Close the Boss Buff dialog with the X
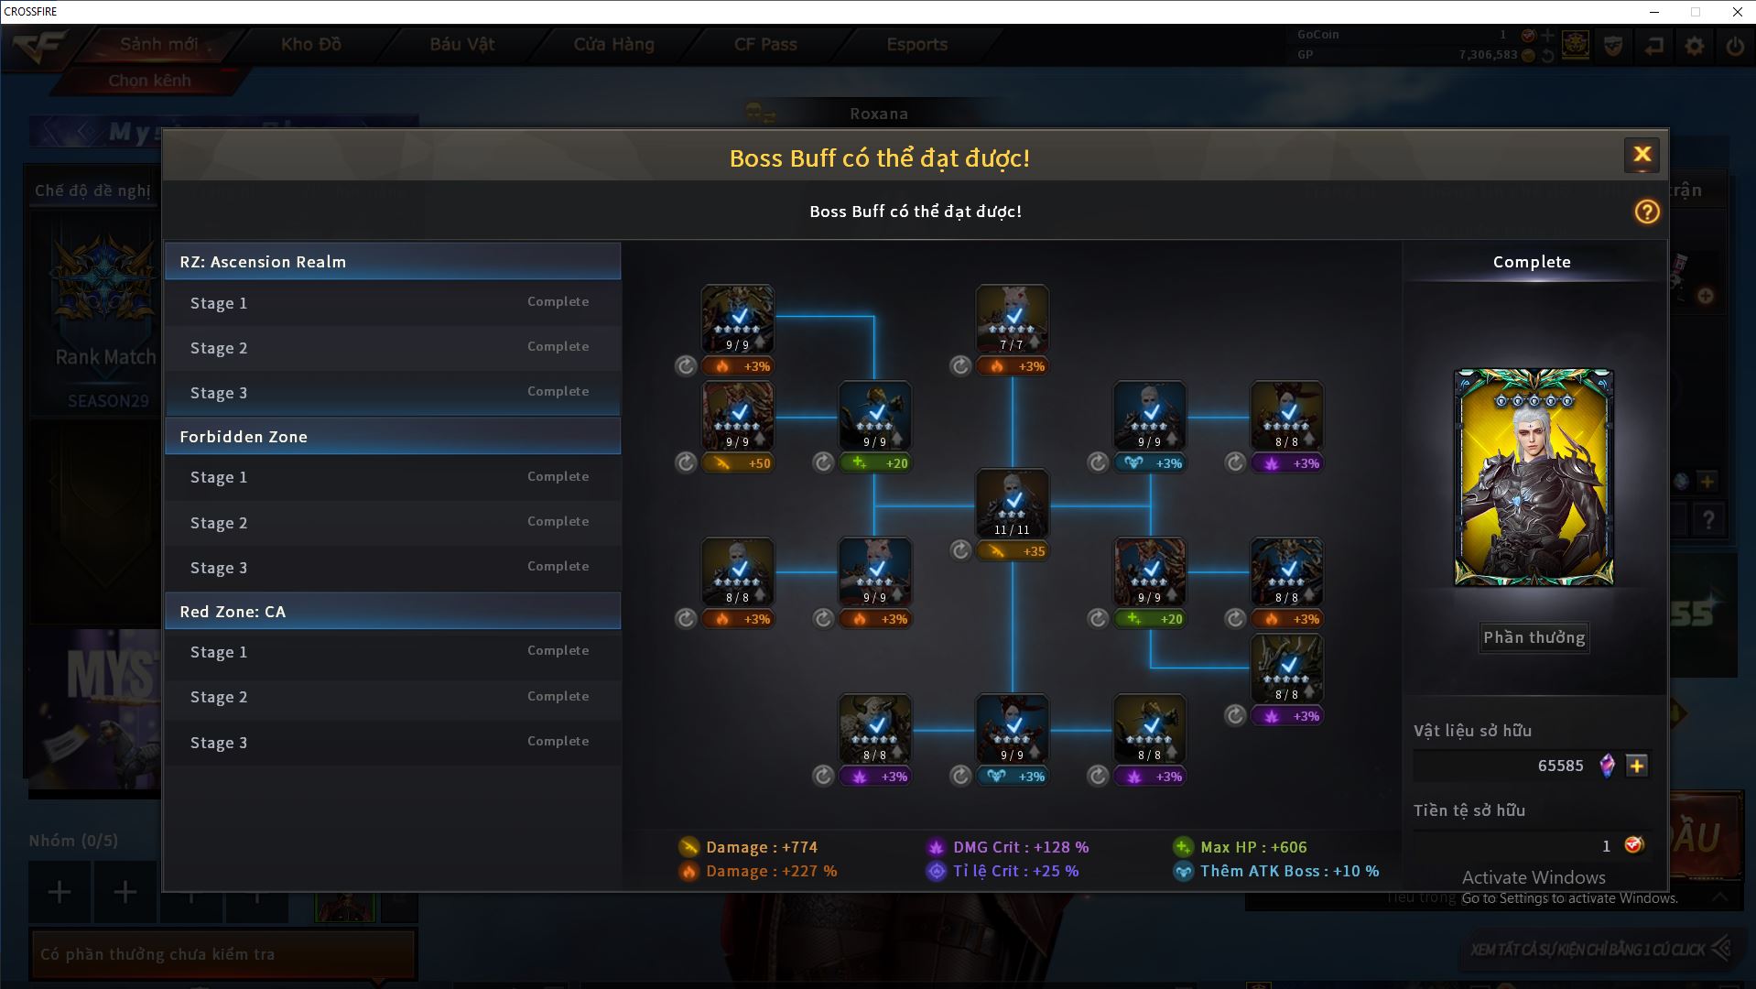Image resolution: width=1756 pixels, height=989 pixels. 1642,155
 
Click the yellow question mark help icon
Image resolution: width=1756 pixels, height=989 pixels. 1646,212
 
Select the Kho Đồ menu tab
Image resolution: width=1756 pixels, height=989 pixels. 311,44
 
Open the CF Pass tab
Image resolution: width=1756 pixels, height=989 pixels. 765,44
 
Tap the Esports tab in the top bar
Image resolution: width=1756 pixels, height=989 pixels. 916,44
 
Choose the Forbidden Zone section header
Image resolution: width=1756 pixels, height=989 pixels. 392,437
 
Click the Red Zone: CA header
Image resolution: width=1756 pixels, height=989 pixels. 392,612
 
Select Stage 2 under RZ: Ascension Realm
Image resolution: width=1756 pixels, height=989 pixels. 392,348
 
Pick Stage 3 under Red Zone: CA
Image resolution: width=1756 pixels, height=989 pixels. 392,743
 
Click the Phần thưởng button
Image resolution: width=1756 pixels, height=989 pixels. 1534,637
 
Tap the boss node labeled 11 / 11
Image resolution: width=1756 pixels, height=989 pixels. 1012,504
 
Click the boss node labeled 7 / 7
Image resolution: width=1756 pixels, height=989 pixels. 1012,319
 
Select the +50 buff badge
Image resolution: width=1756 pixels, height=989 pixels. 737,463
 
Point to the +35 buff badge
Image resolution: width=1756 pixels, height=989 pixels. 1012,551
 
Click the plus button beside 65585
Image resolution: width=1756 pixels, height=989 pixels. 1637,766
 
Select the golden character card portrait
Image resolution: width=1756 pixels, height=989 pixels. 1534,477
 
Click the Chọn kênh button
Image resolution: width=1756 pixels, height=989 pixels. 149,81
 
